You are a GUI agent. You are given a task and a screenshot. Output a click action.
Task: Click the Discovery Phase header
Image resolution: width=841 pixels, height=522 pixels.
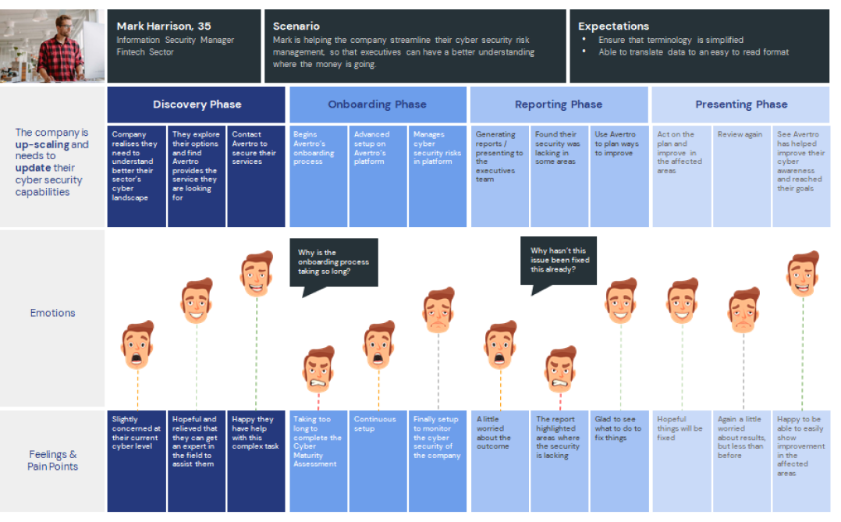coord(197,105)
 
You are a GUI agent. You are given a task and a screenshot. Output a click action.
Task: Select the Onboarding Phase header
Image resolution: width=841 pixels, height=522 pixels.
coord(377,105)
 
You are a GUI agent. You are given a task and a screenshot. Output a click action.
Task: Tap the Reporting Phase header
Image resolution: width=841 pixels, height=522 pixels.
coord(559,105)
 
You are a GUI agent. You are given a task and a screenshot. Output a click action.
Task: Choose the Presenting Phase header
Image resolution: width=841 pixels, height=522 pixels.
coord(740,105)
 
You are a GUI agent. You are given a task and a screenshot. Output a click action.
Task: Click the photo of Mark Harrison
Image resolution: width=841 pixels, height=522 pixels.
coord(52,46)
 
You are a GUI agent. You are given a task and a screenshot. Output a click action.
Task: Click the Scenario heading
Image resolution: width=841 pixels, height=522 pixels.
coord(296,27)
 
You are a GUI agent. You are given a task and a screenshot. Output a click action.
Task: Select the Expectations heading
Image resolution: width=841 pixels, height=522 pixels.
coord(613,27)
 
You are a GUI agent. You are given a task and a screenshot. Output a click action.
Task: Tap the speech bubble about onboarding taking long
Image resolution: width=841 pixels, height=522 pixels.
coord(333,263)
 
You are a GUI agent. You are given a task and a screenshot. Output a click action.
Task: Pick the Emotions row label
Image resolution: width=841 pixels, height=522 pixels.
coord(53,313)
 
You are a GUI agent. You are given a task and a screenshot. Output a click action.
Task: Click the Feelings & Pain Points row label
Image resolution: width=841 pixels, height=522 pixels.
coord(53,460)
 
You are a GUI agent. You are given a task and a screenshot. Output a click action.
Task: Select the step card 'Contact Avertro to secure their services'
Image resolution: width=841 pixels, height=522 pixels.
coord(256,176)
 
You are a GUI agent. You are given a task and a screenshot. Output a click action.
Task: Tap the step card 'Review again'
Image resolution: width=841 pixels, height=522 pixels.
coord(740,176)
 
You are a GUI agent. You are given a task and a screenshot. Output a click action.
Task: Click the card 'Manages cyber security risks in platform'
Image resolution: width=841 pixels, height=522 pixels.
coord(438,176)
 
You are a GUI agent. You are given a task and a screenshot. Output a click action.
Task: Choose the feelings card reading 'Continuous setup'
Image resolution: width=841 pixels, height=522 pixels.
coord(378,460)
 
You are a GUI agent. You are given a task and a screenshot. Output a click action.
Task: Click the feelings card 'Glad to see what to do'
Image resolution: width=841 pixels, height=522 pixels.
coord(619,460)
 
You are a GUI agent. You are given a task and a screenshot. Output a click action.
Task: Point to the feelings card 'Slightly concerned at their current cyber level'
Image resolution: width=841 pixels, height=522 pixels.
coord(137,460)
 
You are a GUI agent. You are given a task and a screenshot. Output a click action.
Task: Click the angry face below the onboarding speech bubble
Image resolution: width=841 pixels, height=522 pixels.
coord(318,370)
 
